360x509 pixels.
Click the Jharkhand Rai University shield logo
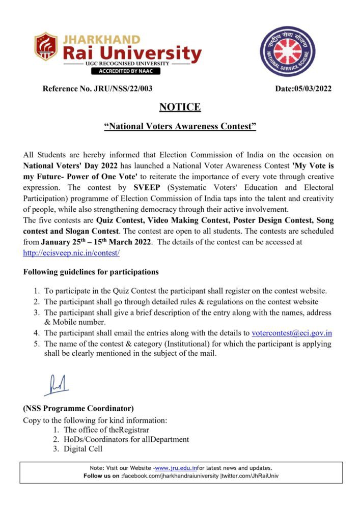coord(46,47)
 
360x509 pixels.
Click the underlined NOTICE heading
coord(180,107)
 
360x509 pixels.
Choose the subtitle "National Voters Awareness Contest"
coord(180,126)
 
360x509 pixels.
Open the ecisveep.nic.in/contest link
coord(71,252)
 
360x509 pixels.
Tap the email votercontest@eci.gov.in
coord(292,333)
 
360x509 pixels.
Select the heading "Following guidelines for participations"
coord(91,272)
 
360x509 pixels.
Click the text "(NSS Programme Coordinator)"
coord(78,408)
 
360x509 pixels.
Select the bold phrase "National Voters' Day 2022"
coord(67,166)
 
